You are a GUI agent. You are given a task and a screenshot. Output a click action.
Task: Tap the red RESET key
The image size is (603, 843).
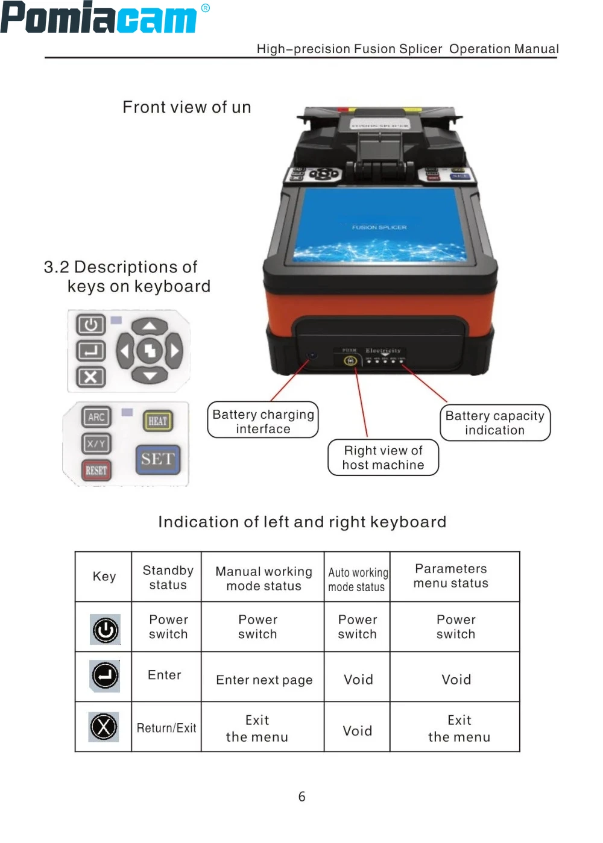point(96,470)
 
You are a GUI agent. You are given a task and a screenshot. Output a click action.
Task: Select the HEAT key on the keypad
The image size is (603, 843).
point(157,421)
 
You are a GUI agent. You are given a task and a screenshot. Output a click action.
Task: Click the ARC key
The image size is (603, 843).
point(96,417)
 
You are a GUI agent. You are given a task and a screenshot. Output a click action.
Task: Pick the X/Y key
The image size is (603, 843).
point(96,444)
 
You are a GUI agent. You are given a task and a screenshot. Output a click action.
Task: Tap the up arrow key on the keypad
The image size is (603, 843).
point(150,327)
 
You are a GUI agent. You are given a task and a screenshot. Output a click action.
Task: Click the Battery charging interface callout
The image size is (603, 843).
point(263,421)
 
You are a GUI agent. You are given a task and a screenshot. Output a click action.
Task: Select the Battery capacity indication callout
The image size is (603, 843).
point(494,422)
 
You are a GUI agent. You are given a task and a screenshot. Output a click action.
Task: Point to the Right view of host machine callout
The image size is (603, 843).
point(383,457)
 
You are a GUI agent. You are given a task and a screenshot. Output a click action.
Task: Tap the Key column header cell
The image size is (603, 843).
point(104,577)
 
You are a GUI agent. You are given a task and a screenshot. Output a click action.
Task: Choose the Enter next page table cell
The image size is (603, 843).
point(264,680)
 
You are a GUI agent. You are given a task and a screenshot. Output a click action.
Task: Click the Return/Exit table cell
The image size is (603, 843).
point(166,728)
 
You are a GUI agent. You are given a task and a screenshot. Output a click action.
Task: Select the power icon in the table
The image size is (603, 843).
point(105,630)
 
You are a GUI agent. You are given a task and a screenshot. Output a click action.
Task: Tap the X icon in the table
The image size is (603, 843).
point(104,727)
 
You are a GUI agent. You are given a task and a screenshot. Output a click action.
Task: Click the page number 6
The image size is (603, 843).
point(302,797)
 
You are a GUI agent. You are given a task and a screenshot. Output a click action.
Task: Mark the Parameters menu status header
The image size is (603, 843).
point(451,576)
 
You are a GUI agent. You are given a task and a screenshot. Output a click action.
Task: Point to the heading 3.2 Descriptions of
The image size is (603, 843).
point(121,267)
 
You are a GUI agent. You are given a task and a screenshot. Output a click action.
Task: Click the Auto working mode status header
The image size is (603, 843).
point(357,579)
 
